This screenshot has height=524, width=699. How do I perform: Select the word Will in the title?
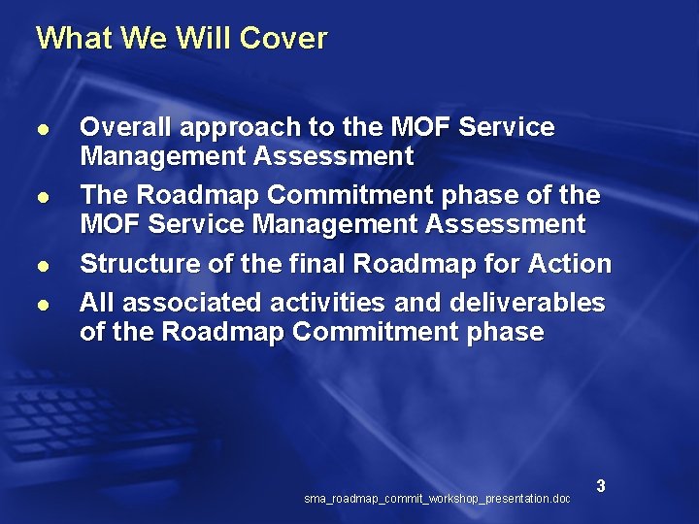tap(203, 39)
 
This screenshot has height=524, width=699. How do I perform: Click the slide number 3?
tap(601, 485)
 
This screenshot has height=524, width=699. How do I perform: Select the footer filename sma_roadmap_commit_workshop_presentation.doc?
tap(437, 499)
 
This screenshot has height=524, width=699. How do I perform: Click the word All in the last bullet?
tap(96, 303)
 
